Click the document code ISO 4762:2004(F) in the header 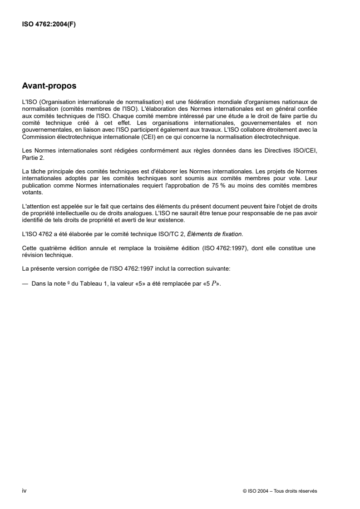point(49,25)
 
